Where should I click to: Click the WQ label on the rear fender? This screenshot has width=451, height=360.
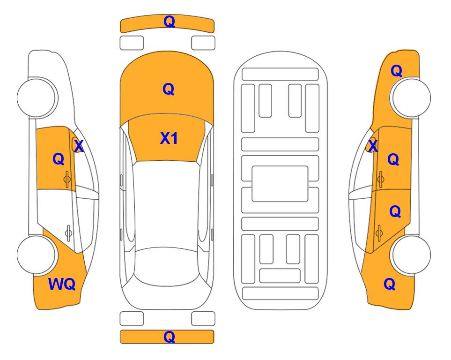point(62,284)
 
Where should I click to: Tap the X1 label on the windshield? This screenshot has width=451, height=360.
point(169,138)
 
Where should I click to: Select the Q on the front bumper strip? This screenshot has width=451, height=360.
point(169,21)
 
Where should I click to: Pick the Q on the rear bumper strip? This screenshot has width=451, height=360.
point(169,337)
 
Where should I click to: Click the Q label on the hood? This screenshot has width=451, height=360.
point(169,89)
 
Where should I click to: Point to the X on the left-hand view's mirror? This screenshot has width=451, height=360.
point(79,146)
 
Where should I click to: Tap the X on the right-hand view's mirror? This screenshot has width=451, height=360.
point(373,146)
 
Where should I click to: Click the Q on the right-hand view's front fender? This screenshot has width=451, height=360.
point(396,71)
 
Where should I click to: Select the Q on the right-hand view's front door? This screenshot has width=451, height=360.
point(393,159)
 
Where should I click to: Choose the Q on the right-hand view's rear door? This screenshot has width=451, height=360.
point(395,211)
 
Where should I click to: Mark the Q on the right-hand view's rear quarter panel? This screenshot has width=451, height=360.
point(390,284)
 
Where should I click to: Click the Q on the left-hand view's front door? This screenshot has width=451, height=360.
point(59,159)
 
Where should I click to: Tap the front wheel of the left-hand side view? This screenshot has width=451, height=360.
point(37,97)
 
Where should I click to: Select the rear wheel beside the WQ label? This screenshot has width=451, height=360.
point(37,255)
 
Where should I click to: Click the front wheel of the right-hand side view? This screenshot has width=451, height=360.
point(411,97)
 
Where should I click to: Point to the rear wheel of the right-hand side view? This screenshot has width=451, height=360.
point(411,255)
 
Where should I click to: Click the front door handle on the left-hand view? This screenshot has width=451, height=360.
point(67,180)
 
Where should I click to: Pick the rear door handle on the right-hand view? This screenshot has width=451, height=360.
point(379,233)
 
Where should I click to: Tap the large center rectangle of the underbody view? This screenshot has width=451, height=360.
point(280,184)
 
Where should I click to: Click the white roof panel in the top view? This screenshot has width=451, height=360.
point(167,204)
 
